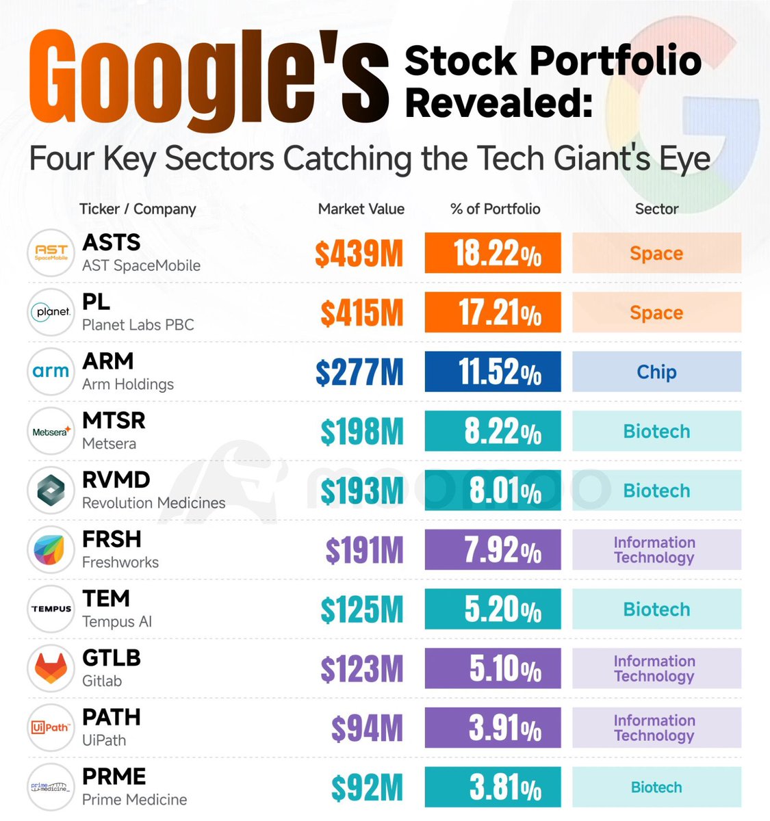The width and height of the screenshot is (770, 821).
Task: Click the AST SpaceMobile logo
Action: pos(51,253)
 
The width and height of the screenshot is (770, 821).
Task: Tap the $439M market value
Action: pos(359,254)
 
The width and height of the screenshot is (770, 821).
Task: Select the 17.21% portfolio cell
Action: pos(493,313)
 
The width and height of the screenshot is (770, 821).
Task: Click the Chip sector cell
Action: pos(656,372)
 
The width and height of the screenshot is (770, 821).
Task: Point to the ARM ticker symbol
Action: pos(108,361)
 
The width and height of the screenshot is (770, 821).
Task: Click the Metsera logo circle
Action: pos(51,431)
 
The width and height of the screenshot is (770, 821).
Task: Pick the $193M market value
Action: pos(362,491)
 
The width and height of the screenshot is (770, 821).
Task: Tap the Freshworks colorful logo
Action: pos(51,550)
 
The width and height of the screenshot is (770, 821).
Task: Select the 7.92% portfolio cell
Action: pos(493,550)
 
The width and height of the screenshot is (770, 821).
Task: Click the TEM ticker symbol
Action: pos(106,599)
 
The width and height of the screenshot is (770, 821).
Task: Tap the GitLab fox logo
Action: pos(51,668)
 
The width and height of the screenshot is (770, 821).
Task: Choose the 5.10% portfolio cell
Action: pos(493,668)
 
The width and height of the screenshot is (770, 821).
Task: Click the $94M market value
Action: pos(368,729)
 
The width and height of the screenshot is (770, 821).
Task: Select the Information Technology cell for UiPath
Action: pos(656,728)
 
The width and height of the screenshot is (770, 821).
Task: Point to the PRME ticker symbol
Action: pos(114,777)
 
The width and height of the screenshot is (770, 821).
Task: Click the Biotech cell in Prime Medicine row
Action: pos(656,787)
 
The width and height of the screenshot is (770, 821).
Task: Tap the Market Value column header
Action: pos(361,209)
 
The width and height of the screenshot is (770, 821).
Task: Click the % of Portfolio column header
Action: pos(496,209)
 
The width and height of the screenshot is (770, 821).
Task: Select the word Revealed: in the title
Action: pos(498,103)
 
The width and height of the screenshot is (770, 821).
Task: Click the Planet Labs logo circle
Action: pos(51,313)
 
